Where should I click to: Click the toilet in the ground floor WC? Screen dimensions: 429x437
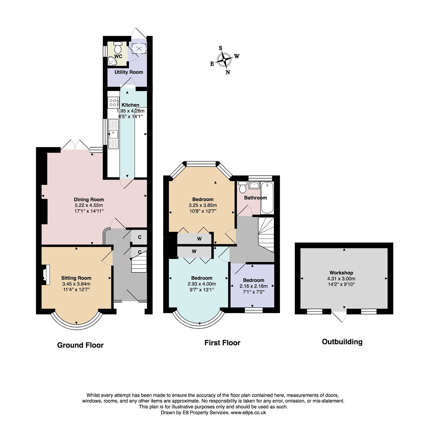click(x=117, y=47)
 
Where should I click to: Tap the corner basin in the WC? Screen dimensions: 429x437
click(x=112, y=61)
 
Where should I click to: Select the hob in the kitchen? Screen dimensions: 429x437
click(x=113, y=102)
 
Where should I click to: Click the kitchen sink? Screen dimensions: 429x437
click(x=113, y=134)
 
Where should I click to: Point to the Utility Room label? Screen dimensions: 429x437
click(x=129, y=72)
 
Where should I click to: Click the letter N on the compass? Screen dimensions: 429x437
click(x=228, y=72)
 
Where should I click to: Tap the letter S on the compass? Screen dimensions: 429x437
click(x=220, y=48)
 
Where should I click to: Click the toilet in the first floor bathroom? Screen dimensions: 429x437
click(x=243, y=187)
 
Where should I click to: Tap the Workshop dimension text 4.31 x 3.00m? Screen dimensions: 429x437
click(x=341, y=279)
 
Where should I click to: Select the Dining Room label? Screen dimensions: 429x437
click(x=89, y=200)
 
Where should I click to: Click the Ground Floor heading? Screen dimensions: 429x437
click(x=80, y=345)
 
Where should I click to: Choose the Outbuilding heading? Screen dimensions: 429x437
click(x=342, y=342)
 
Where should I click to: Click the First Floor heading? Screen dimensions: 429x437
click(x=222, y=343)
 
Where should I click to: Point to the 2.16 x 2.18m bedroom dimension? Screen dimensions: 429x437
click(x=253, y=286)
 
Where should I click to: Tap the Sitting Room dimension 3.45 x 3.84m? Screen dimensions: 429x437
click(x=76, y=284)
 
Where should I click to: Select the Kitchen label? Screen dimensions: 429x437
click(x=131, y=105)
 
